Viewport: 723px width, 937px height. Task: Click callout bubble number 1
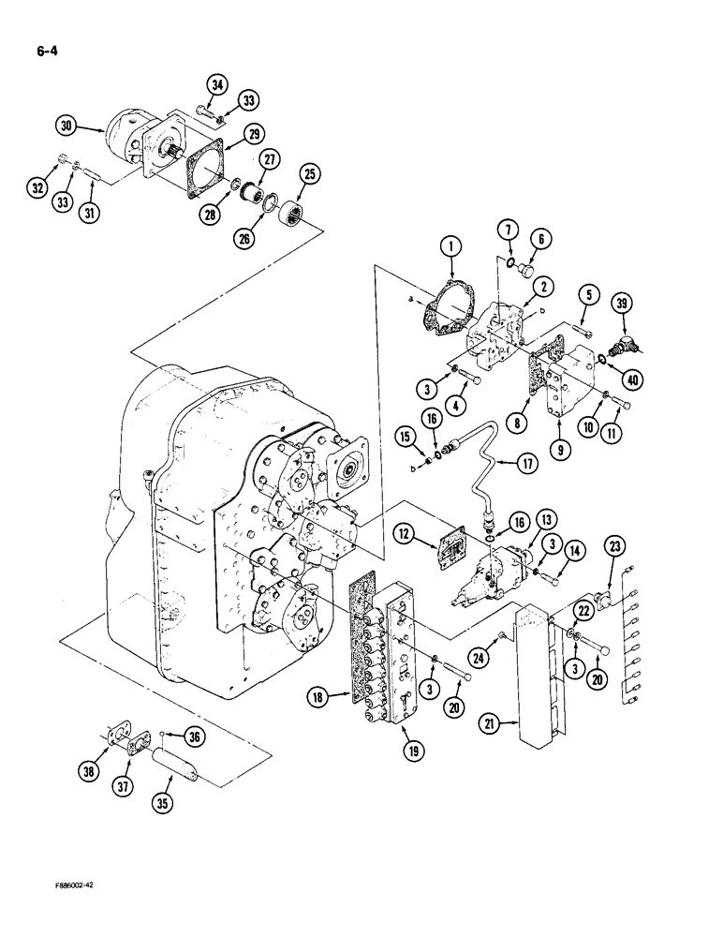pos(450,247)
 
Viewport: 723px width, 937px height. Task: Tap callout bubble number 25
pos(309,174)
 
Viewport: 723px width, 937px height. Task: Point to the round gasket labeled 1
pos(447,314)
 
